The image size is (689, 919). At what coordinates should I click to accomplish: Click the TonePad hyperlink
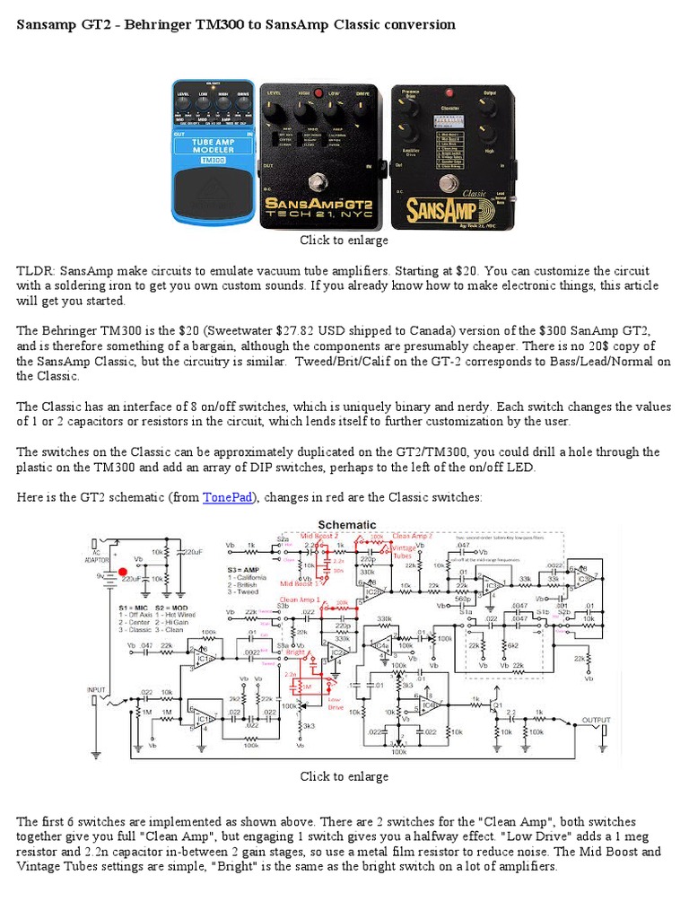(228, 497)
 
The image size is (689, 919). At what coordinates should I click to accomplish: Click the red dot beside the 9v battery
(122, 571)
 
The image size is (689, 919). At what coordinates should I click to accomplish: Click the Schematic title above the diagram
(346, 524)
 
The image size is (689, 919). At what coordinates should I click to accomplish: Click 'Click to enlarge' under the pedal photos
(344, 241)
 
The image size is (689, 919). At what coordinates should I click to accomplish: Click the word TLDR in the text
(33, 270)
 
